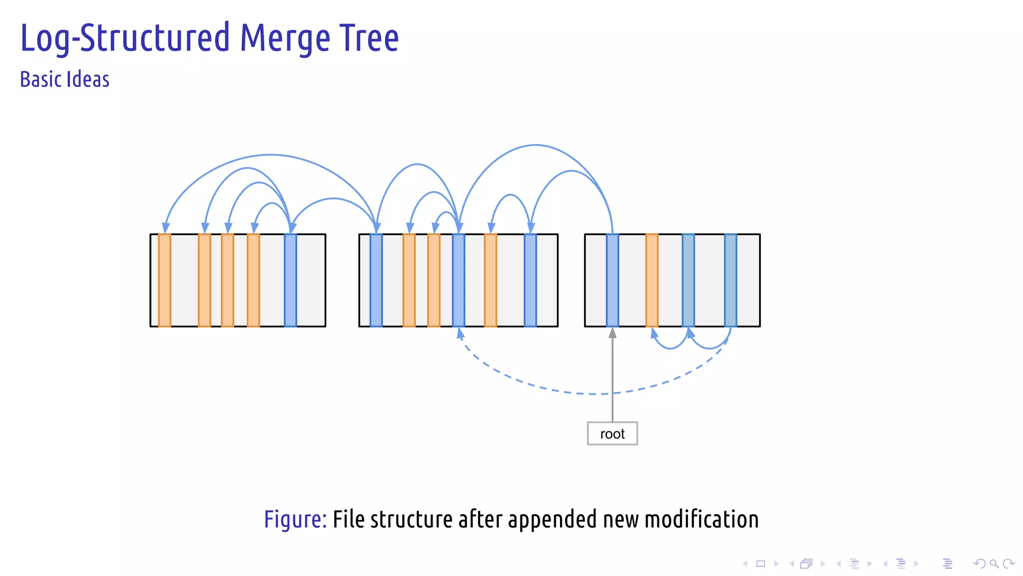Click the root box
click(612, 433)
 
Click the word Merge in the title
click(285, 38)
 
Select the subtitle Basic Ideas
click(64, 80)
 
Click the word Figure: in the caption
click(295, 519)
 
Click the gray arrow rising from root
click(612, 375)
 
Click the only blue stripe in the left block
click(290, 280)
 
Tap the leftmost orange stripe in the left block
click(164, 280)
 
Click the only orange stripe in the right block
click(652, 280)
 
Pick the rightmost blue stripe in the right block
click(730, 280)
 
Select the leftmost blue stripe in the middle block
click(376, 280)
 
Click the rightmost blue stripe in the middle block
click(530, 280)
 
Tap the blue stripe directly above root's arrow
click(612, 280)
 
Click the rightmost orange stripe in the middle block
click(491, 280)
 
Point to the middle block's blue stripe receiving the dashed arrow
click(459, 280)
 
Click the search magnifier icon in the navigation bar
click(994, 564)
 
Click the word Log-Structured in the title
click(125, 38)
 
